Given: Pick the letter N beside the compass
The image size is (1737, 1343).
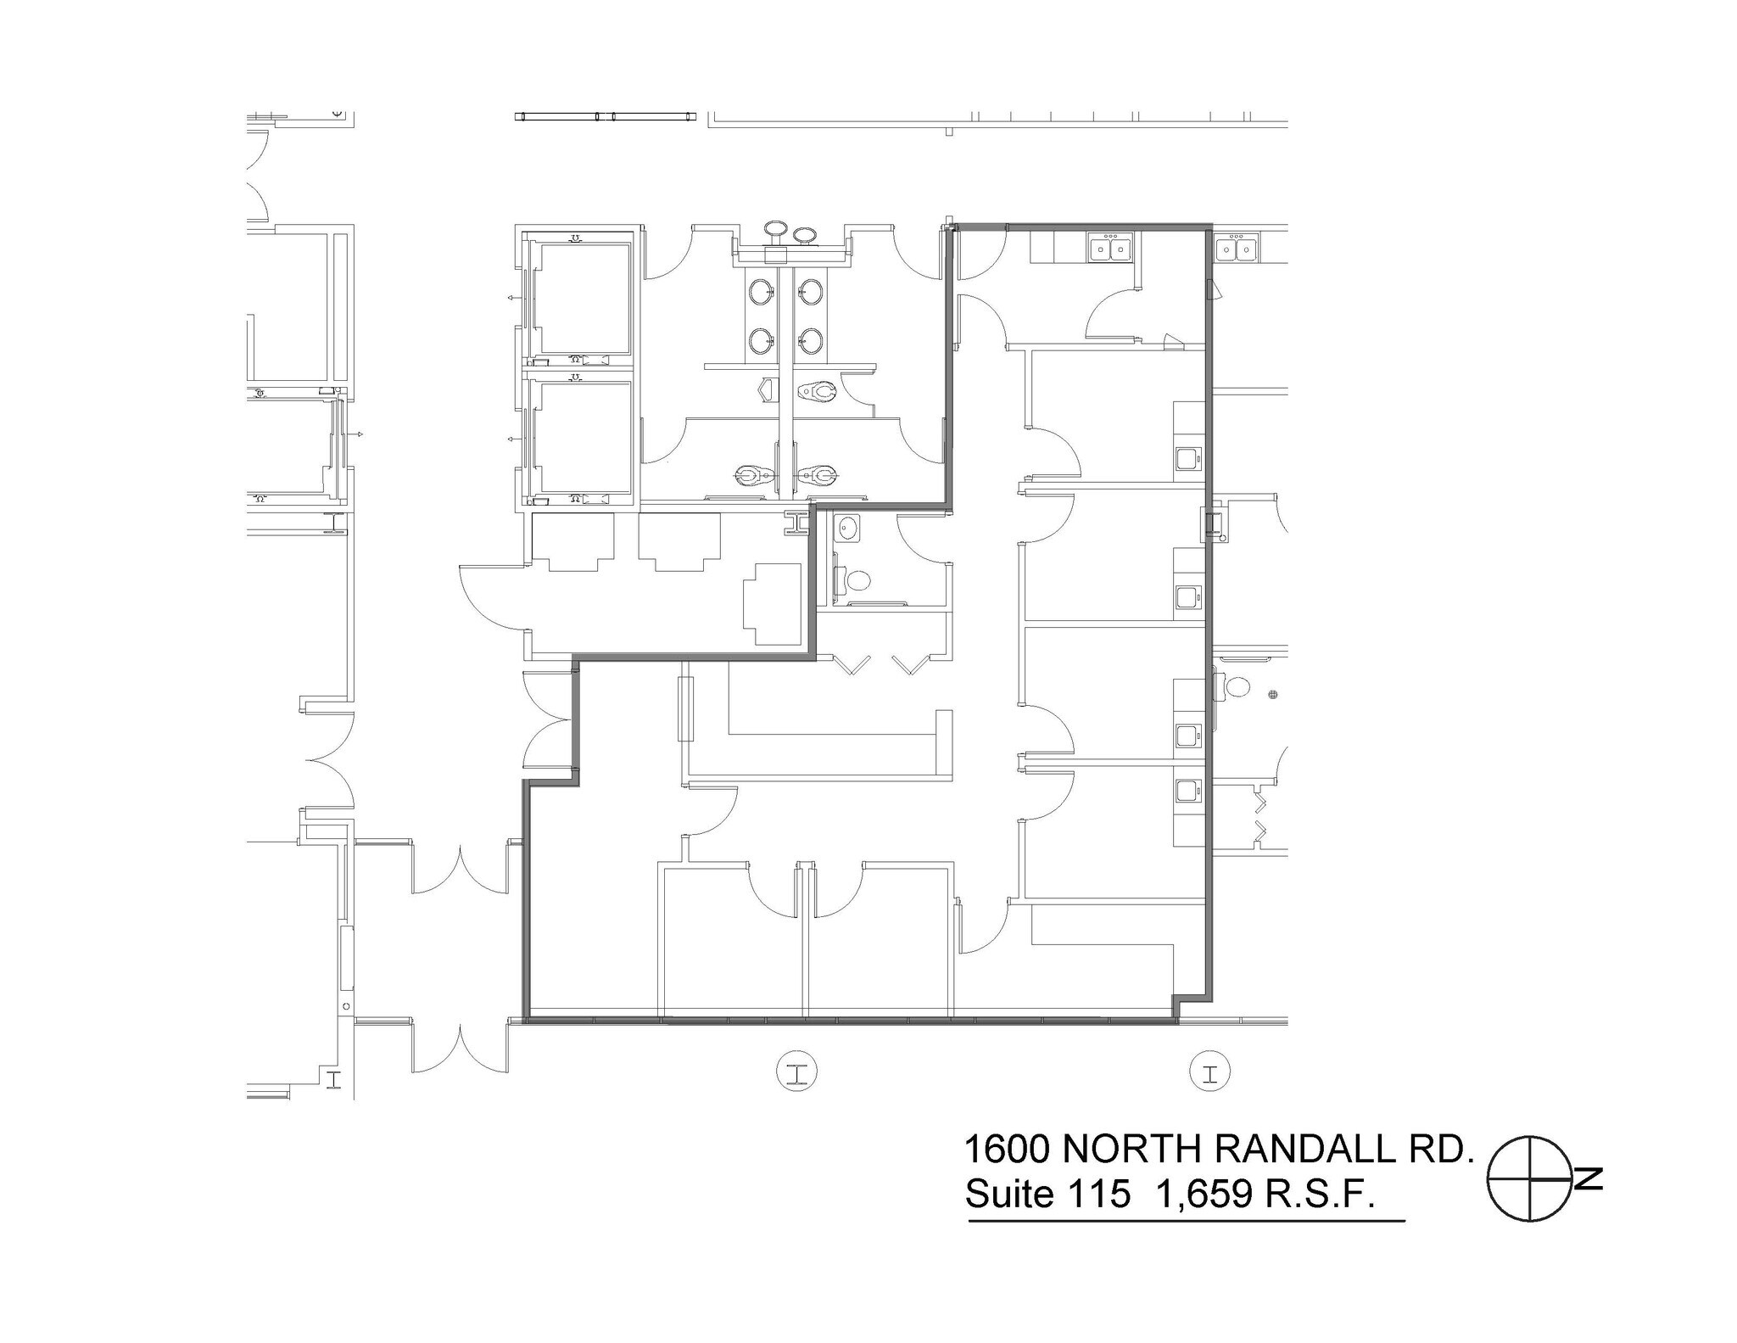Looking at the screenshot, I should [1588, 1179].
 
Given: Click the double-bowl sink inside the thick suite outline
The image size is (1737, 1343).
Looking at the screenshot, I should [1112, 249].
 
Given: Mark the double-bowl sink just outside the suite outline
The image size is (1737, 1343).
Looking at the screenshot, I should [1236, 249].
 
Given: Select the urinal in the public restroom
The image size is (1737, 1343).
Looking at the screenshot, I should [768, 390].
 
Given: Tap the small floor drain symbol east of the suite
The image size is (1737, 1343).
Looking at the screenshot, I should [1271, 695].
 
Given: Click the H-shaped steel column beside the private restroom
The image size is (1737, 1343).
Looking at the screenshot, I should [797, 524].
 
